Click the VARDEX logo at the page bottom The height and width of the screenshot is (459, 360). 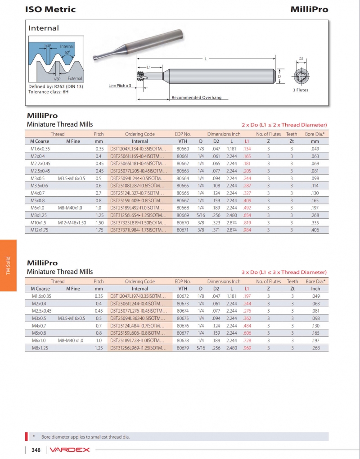(x=70, y=450)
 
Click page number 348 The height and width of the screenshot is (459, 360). (x=36, y=450)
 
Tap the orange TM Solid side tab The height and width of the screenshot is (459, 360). (x=8, y=265)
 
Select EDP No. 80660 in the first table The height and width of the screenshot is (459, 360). (x=183, y=149)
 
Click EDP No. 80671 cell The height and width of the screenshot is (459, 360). (x=183, y=230)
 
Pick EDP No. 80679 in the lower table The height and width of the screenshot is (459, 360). (x=183, y=348)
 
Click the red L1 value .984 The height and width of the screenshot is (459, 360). (x=247, y=230)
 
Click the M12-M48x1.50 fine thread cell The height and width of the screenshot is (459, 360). (x=72, y=223)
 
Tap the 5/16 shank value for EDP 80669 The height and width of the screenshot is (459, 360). (x=201, y=215)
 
